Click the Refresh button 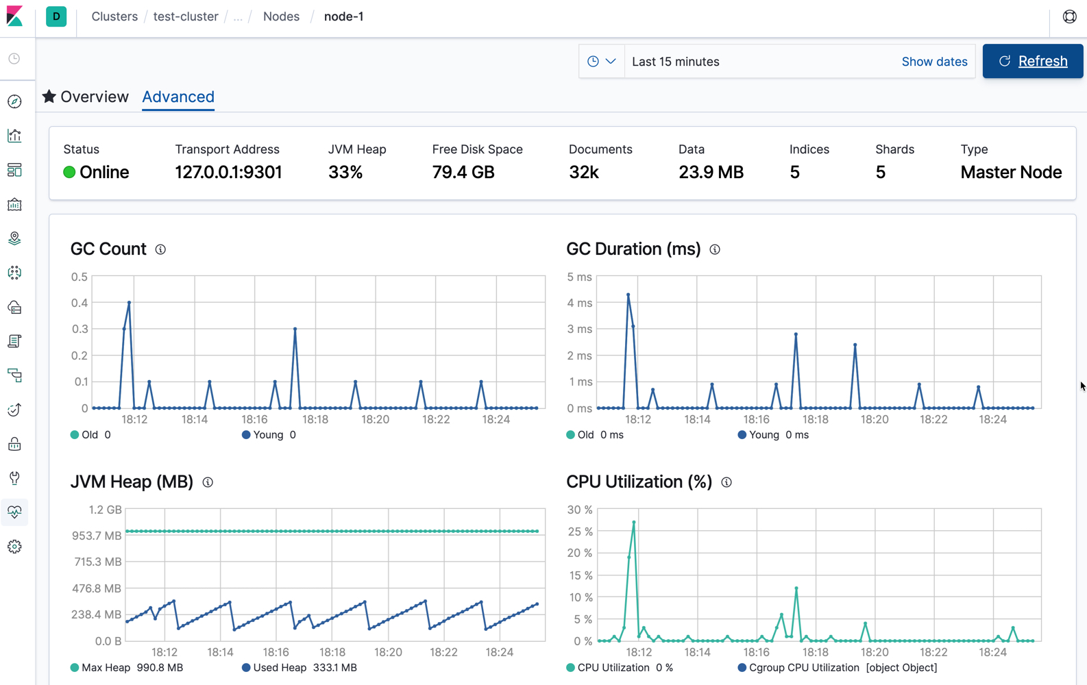point(1032,61)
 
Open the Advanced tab point(178,97)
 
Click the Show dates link point(934,62)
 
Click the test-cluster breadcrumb point(186,16)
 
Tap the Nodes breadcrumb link point(281,16)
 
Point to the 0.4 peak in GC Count point(129,303)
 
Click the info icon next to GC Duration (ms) point(715,249)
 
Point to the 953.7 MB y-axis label point(97,536)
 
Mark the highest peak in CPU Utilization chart point(634,523)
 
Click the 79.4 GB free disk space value point(463,172)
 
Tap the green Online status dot point(69,172)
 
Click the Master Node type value point(1011,172)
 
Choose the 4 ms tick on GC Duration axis point(579,303)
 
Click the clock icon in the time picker point(594,62)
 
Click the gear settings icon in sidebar point(14,547)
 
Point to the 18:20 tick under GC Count point(375,419)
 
